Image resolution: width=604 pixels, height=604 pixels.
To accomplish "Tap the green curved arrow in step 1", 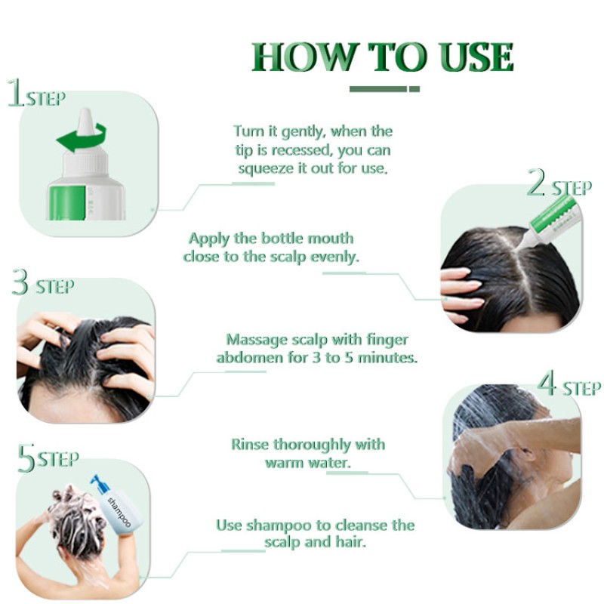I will click(x=81, y=139).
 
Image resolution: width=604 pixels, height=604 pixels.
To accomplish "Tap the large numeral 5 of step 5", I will click(x=26, y=459).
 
